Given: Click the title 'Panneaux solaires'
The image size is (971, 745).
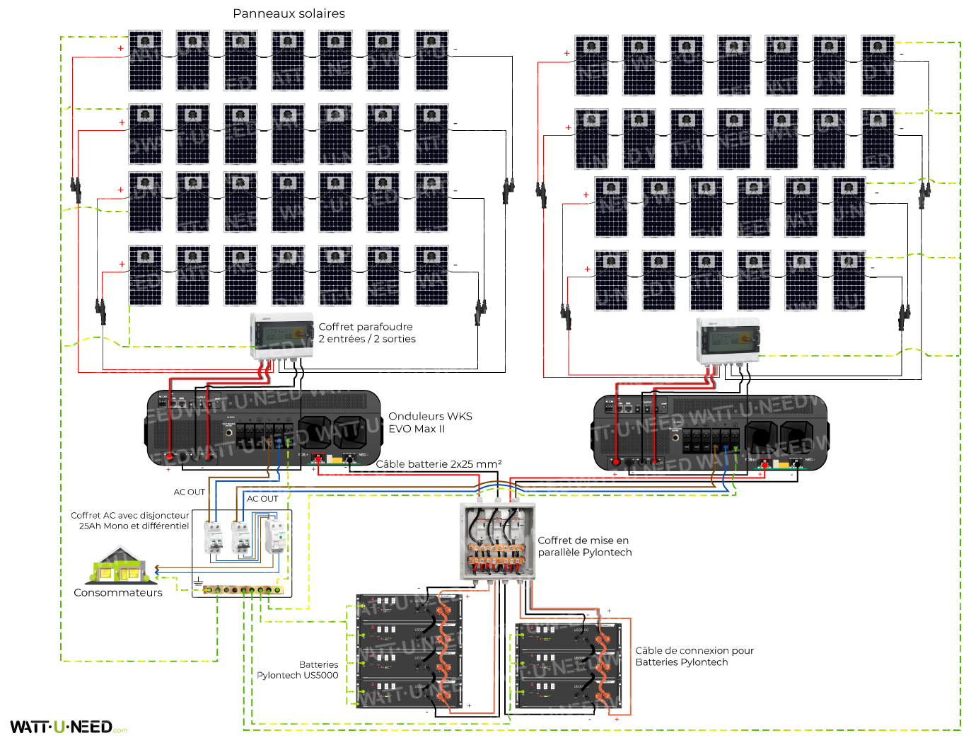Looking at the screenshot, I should click(289, 13).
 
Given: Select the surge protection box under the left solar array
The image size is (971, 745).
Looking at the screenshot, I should click(281, 336).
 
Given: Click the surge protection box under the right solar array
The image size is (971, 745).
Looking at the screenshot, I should click(728, 340).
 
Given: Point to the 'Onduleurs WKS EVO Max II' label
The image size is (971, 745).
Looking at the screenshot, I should click(430, 422).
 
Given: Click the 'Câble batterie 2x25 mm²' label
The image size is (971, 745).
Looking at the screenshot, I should click(438, 464).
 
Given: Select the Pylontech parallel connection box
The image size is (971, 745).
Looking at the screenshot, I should click(497, 541).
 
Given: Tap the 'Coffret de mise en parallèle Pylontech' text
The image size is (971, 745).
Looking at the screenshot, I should click(584, 546).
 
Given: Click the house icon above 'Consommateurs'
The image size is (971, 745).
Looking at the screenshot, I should click(120, 567).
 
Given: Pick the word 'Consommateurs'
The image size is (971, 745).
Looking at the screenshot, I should click(118, 593).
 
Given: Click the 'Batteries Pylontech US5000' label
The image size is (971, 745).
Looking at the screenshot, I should click(298, 670).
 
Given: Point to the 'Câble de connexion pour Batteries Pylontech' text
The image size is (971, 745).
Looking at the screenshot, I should click(694, 656).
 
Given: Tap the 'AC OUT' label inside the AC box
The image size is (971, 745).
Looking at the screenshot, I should click(262, 499).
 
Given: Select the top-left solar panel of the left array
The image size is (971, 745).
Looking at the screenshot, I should click(145, 60).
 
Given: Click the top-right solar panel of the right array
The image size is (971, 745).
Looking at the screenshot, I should click(877, 65).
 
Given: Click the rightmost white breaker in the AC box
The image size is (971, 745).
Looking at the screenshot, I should click(276, 535).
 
